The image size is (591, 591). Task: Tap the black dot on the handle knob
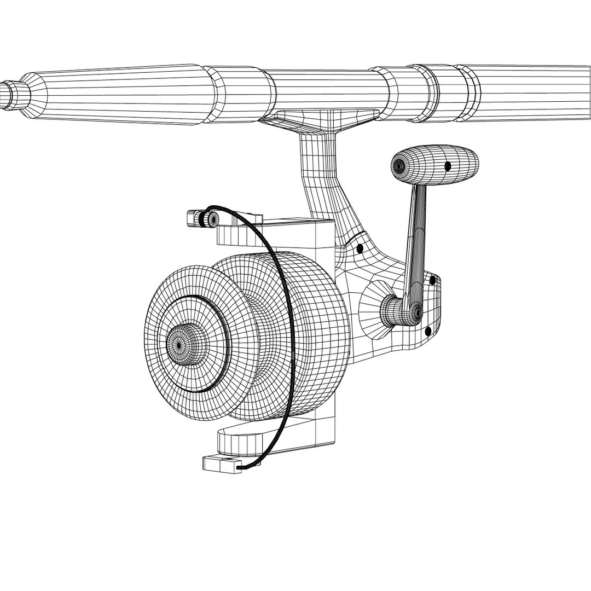pos(448,166)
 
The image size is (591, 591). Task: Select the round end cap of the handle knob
pos(400,164)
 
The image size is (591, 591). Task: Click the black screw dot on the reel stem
pos(360,249)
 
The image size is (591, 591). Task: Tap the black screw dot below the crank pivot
pos(428,331)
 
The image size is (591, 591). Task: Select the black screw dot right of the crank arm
pos(432,280)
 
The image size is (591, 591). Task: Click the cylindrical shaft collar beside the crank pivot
pos(391,311)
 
